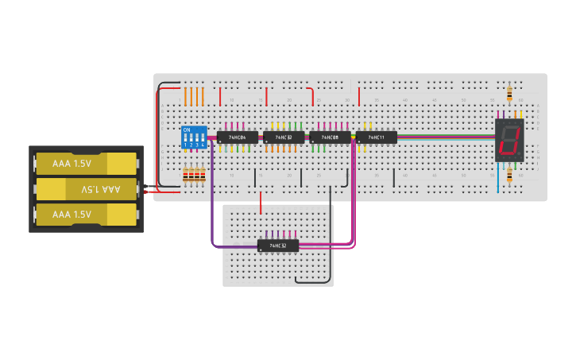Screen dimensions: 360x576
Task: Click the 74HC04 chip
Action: coord(237,137)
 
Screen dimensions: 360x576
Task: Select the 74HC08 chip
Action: coord(330,137)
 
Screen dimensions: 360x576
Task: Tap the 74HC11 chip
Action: coord(376,137)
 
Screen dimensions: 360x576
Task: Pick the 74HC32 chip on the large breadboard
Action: coord(284,137)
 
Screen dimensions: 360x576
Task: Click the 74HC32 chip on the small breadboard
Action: coord(278,246)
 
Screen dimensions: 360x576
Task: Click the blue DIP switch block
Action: coord(194,137)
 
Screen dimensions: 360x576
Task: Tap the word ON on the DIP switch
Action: coord(187,130)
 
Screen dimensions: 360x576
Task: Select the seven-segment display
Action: coord(508,141)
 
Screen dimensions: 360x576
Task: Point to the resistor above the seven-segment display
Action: coord(508,95)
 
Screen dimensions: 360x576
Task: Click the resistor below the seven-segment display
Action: coord(508,174)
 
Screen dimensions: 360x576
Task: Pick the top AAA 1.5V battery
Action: coord(86,163)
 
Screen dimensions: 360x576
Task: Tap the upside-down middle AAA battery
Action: coord(87,189)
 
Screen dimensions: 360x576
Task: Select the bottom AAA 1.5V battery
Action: coord(86,215)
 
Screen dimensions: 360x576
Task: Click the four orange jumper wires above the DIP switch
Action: coord(194,96)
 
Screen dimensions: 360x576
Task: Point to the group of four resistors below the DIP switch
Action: coord(194,175)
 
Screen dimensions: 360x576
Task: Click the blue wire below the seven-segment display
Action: coord(499,179)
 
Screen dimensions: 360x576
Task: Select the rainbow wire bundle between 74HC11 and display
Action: coord(445,137)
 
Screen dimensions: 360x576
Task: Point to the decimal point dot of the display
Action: coord(520,155)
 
